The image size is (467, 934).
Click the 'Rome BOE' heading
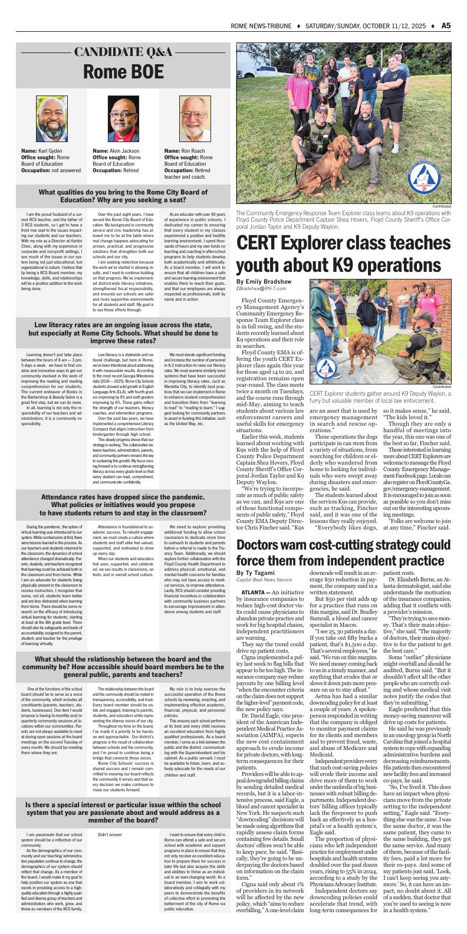pyautogui.click(x=123, y=71)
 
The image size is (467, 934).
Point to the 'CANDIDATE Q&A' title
pyautogui.click(x=123, y=52)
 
